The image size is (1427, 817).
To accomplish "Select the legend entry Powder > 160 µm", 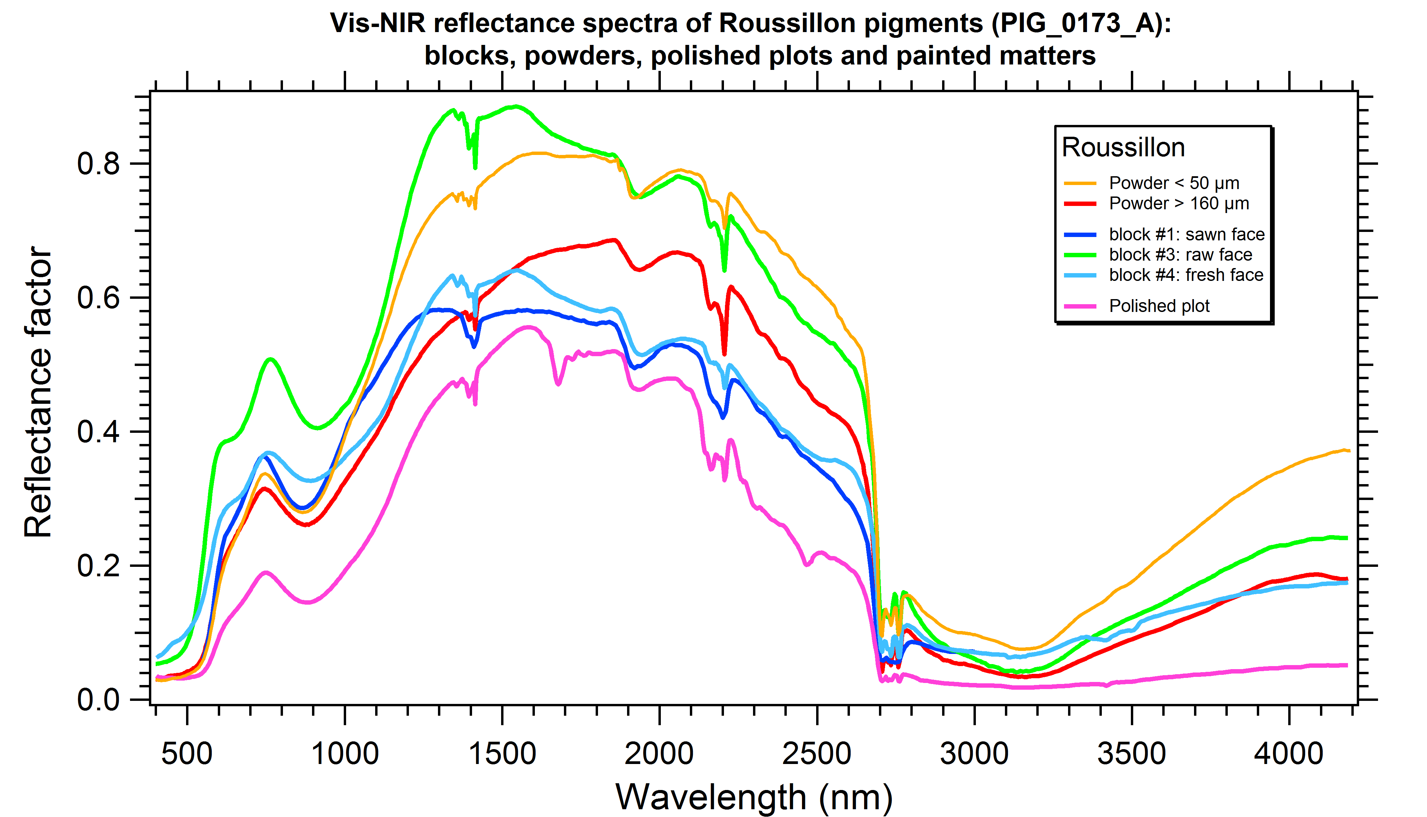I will click(x=1178, y=204).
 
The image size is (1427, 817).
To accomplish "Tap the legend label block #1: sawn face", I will click(x=1186, y=235).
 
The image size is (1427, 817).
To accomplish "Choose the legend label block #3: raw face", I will click(x=1180, y=255).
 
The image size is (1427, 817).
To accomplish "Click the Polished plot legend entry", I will click(x=1159, y=306).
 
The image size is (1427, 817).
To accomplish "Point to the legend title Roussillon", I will click(x=1123, y=148).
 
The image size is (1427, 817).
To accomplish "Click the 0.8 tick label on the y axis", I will click(x=99, y=164).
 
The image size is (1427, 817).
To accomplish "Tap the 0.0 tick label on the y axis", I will click(x=99, y=700).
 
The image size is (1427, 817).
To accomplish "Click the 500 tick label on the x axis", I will click(x=187, y=754).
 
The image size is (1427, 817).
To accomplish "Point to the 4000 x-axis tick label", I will click(x=1289, y=754).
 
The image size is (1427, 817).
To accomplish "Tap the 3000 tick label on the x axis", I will click(x=974, y=754).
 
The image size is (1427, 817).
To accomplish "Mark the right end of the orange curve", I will click(x=1348, y=451).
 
